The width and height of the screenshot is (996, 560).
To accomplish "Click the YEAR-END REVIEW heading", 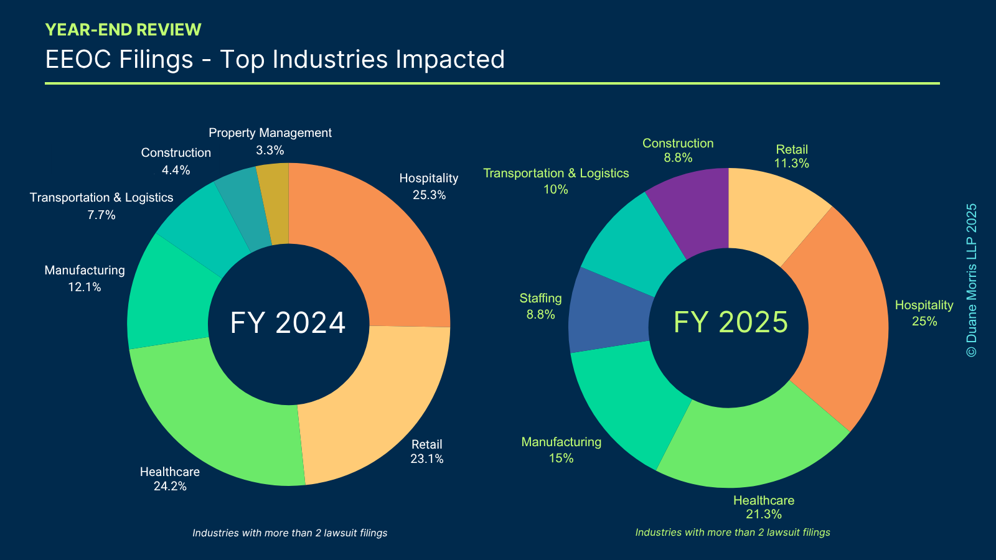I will (123, 30).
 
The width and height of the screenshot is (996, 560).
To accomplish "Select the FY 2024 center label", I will (288, 323).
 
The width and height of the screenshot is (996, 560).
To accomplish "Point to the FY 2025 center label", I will (731, 322).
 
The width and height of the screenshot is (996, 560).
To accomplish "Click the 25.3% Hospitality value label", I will (430, 195).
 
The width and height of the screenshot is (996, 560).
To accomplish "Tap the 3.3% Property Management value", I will (270, 150).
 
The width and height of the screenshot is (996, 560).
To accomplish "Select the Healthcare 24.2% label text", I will (170, 478).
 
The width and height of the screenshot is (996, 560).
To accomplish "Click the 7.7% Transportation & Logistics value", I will (101, 215).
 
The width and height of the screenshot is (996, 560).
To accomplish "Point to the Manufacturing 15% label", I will (561, 450).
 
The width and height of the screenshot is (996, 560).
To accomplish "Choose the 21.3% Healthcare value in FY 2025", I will (764, 514).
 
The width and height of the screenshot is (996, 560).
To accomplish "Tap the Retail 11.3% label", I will (792, 156).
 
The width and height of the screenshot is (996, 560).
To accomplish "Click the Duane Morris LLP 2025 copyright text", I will (971, 280).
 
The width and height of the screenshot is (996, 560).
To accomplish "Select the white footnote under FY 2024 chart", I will (290, 533).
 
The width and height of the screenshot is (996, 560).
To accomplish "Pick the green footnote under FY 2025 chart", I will (733, 532).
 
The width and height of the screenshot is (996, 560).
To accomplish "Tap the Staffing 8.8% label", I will (541, 306).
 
